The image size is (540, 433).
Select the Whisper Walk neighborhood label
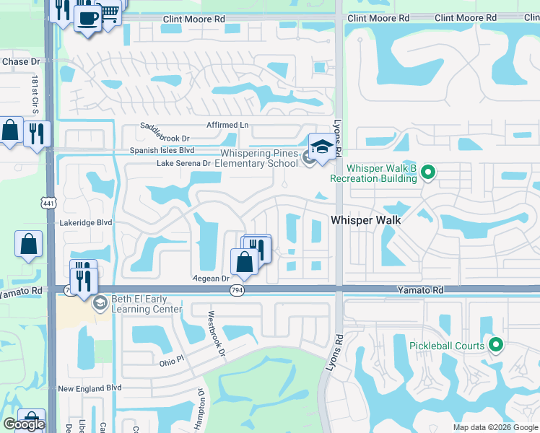367,219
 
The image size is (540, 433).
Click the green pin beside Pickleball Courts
495,346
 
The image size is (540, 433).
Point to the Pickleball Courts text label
447,346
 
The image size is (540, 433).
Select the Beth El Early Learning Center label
139,305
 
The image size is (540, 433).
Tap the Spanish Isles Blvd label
162,150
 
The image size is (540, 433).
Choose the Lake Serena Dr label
183,164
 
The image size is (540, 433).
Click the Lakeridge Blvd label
87,223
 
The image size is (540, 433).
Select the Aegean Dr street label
211,278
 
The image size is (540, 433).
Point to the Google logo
24,424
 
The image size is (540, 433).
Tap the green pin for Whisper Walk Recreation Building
428,172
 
